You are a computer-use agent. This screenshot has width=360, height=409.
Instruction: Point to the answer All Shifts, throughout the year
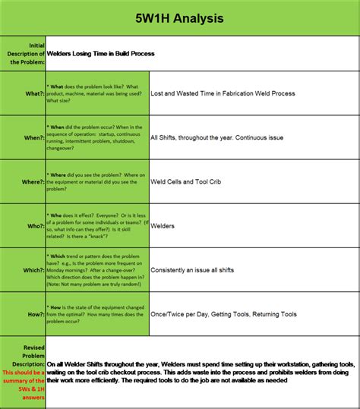pos(218,138)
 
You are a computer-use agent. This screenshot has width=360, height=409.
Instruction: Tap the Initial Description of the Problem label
pos(24,55)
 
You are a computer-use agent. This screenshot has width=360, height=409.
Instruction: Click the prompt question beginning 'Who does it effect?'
pos(97,226)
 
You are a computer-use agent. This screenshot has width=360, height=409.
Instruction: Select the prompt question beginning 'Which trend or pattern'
pos(97,270)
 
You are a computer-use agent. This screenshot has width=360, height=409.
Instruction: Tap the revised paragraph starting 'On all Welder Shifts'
pos(201,371)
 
